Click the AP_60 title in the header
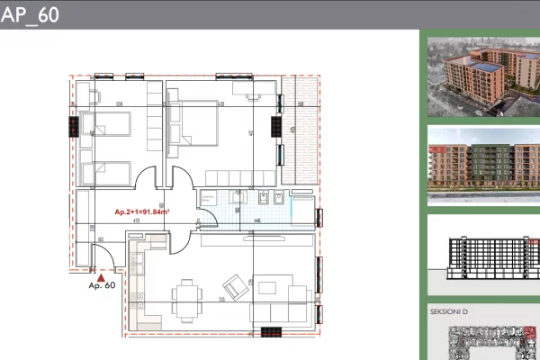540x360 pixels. [30, 15]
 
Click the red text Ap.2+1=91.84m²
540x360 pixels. [143, 212]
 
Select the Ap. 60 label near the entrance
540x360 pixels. [102, 286]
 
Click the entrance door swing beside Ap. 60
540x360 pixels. [105, 260]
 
